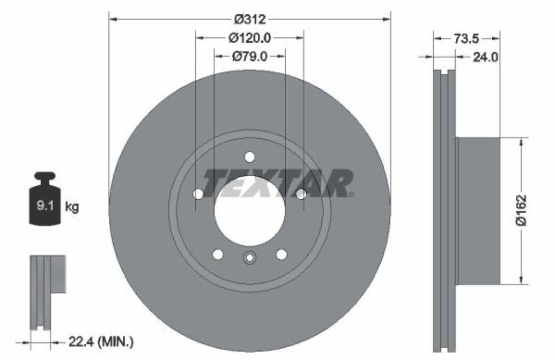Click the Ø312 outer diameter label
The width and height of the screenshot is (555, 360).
(250, 20)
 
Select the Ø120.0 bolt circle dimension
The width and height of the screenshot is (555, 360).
(250, 37)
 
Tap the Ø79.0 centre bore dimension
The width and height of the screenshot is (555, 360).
(250, 56)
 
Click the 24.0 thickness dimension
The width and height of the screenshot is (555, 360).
(485, 57)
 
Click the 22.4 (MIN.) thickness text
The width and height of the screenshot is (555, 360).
(101, 341)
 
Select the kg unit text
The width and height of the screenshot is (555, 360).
(72, 207)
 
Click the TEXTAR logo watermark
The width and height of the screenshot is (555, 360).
(277, 183)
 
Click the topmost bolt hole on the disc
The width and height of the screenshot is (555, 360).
(250, 157)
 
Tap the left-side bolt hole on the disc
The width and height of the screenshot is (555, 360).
(198, 194)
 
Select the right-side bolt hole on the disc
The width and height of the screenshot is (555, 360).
(302, 194)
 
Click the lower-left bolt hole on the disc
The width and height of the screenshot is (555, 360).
(218, 254)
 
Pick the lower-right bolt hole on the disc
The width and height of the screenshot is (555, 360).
(281, 254)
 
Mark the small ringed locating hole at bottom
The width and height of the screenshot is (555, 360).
(250, 258)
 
